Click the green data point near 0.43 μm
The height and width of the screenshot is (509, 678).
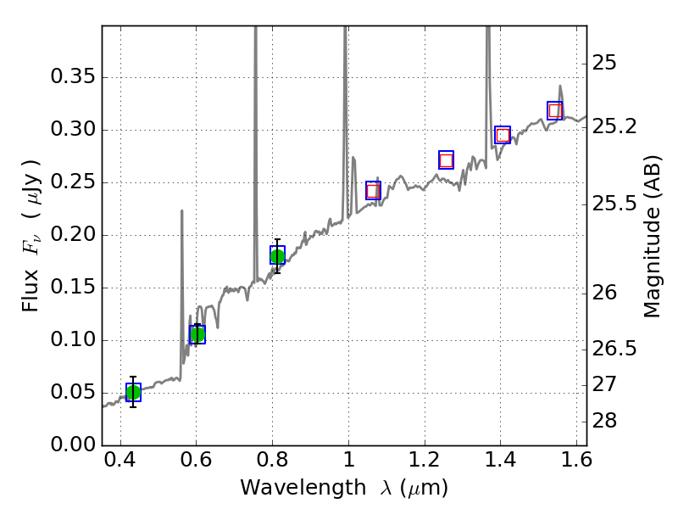[x=133, y=391]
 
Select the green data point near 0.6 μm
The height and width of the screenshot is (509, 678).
[x=197, y=334]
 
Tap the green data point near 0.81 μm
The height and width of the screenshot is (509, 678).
[x=277, y=255]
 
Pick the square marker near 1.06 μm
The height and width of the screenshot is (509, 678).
[x=373, y=190]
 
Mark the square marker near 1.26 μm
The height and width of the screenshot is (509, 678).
[x=446, y=159]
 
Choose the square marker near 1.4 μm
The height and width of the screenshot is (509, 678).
[x=503, y=135]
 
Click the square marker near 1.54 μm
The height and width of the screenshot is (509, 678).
[x=555, y=110]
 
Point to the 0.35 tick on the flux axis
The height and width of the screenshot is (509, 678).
[x=103, y=77]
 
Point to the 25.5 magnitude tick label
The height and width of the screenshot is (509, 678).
[x=616, y=204]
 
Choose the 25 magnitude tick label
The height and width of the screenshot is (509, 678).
[x=608, y=63]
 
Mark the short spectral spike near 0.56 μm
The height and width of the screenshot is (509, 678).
[x=182, y=212]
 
